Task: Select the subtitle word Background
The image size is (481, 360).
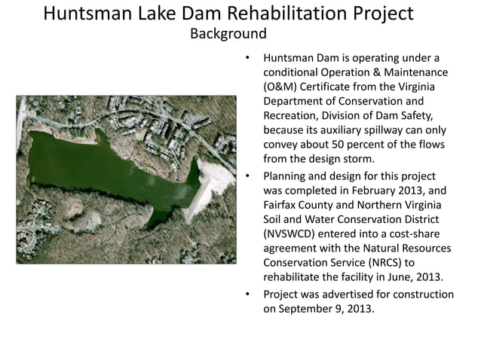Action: point(228,34)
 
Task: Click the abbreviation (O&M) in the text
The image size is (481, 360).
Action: point(282,87)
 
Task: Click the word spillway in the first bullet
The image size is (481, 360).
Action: point(378,130)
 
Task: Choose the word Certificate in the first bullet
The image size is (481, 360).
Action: point(332,87)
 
